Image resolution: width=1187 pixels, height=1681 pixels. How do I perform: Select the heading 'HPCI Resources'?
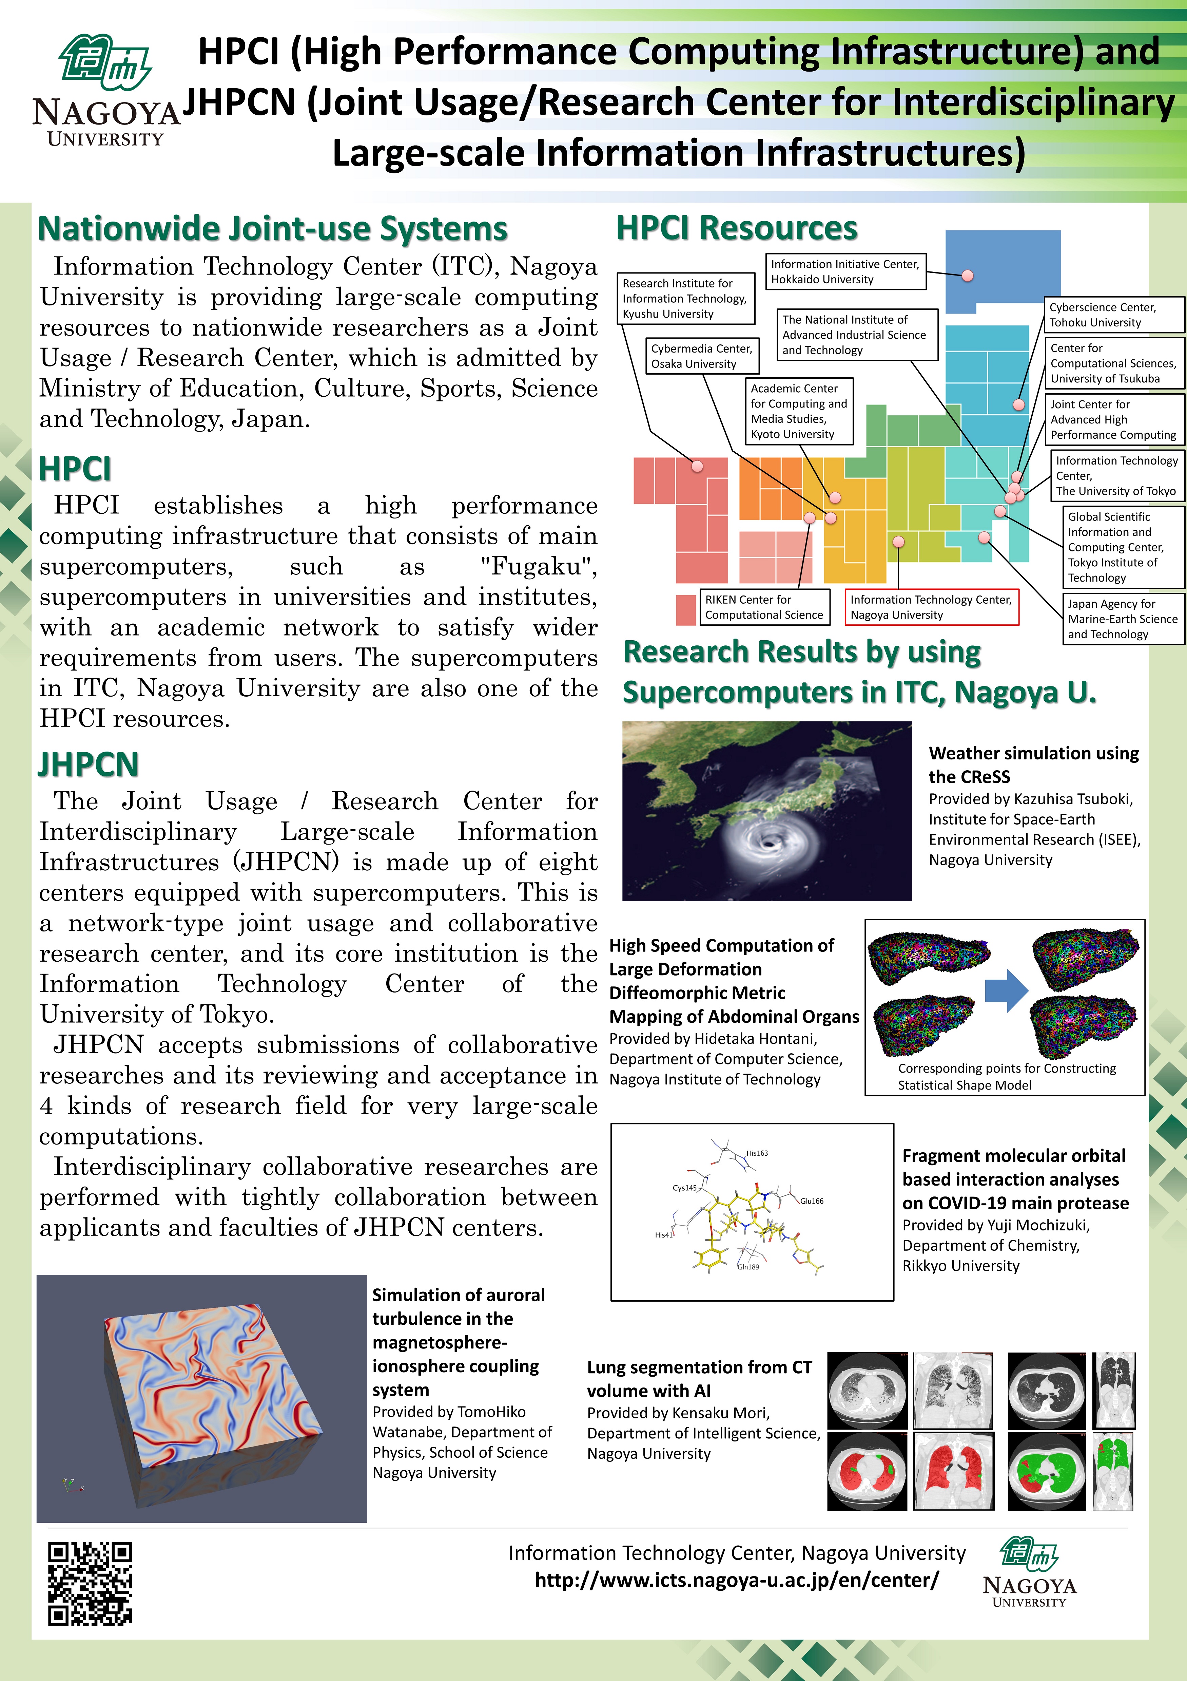click(736, 228)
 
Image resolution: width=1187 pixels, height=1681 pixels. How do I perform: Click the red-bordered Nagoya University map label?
click(931, 607)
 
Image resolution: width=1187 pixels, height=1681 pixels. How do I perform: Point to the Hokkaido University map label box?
click(845, 271)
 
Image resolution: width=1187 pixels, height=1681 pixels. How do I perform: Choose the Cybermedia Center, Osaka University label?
click(702, 356)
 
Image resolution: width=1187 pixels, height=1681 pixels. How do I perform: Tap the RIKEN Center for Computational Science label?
click(764, 607)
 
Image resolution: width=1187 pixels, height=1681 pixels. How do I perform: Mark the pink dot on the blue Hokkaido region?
click(968, 276)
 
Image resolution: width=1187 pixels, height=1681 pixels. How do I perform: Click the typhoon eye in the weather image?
click(768, 844)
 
